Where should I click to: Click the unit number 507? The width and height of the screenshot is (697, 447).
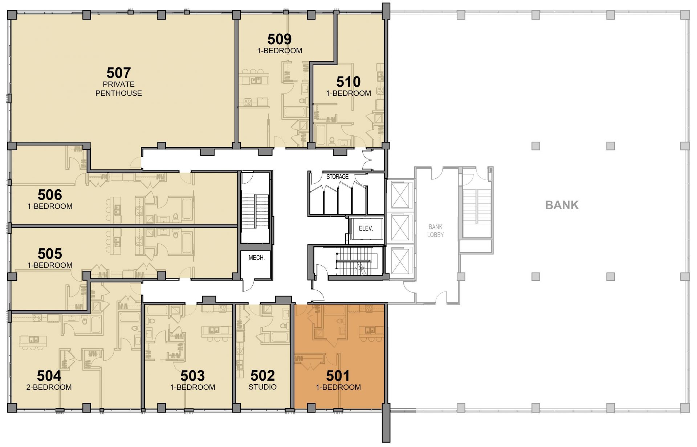click(119, 73)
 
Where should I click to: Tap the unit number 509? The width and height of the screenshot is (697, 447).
click(280, 39)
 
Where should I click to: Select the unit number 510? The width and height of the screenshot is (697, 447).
click(348, 82)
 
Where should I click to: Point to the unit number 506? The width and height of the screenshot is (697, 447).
click(50, 195)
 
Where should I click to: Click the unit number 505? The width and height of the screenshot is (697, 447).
click(50, 254)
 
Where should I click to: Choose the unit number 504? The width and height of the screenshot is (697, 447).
click(49, 376)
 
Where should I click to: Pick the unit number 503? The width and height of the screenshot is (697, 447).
click(193, 376)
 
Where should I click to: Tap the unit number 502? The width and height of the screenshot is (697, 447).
click(263, 376)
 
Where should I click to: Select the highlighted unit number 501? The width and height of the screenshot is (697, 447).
click(338, 376)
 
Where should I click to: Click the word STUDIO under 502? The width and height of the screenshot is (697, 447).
click(262, 387)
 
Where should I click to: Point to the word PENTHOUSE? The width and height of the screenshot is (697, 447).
click(119, 93)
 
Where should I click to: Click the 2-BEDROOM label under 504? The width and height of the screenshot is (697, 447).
click(49, 387)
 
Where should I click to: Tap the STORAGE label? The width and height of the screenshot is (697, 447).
click(337, 177)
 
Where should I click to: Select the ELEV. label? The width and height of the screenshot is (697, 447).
click(366, 228)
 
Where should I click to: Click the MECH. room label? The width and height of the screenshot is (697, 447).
click(257, 258)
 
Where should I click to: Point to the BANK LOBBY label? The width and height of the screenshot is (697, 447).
click(436, 231)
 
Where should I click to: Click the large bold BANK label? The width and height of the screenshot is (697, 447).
click(562, 205)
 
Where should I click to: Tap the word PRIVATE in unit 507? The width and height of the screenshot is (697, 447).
click(119, 84)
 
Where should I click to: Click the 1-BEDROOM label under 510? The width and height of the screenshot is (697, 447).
click(348, 93)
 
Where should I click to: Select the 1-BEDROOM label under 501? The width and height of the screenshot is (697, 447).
click(338, 387)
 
